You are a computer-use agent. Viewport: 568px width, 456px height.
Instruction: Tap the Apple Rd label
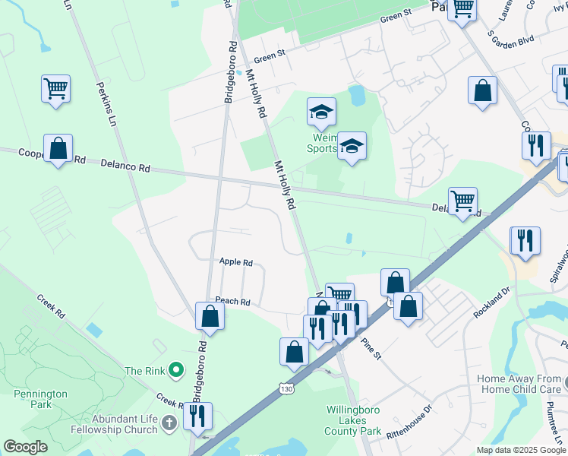(x=235, y=262)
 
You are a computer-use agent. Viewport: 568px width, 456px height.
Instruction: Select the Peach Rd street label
(x=233, y=302)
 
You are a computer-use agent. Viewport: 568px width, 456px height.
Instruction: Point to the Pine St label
(x=371, y=348)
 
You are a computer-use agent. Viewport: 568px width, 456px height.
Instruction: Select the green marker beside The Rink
(x=176, y=371)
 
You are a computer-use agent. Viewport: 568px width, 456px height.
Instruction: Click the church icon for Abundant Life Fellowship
(x=169, y=422)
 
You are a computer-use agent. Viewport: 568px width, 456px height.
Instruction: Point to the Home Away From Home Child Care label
(x=519, y=384)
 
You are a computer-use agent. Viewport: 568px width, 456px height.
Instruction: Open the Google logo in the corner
(x=25, y=447)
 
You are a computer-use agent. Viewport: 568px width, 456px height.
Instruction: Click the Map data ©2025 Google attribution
(x=522, y=450)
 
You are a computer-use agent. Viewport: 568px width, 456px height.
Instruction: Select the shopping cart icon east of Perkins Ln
(x=56, y=90)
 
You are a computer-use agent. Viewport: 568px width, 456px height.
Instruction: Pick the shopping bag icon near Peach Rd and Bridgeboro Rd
(x=210, y=316)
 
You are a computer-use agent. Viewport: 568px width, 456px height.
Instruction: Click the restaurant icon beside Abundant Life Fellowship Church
(x=197, y=416)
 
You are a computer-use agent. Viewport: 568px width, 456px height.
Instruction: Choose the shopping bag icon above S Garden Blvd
(x=482, y=91)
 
